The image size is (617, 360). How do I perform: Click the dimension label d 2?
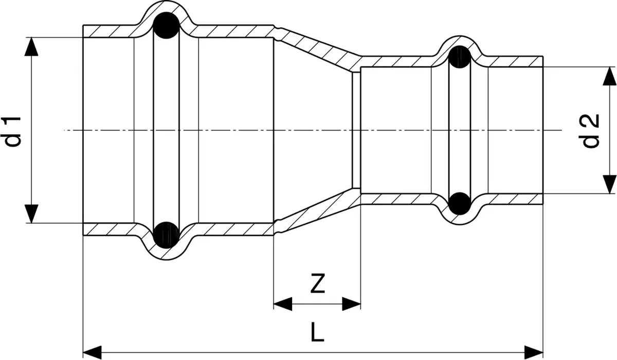point(591,131)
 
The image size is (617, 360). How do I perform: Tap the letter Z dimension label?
point(318,283)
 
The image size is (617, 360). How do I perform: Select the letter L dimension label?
point(317,332)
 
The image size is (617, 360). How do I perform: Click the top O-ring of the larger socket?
point(166,25)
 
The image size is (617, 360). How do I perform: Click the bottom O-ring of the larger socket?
point(166,235)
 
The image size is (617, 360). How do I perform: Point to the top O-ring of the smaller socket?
point(460,57)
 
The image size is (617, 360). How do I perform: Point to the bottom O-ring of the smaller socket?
point(460,204)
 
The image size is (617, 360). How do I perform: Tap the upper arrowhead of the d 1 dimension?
point(31,47)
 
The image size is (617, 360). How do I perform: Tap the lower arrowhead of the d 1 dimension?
point(31,214)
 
